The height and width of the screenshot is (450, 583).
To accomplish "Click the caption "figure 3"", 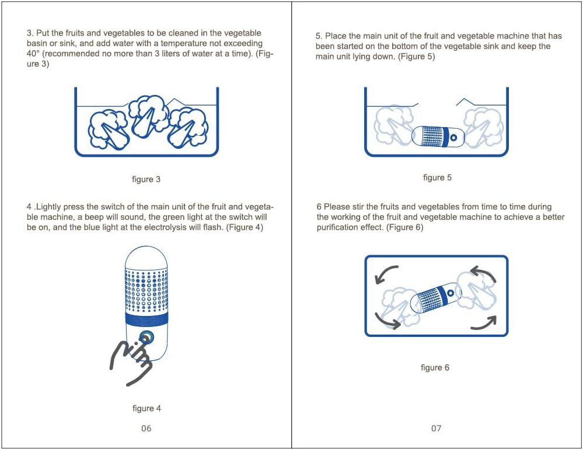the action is click(x=146, y=180).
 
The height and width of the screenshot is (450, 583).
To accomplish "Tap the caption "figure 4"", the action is click(x=147, y=409).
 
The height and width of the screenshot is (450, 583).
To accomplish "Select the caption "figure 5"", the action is click(x=437, y=177).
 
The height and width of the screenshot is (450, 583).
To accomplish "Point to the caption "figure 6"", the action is click(x=435, y=368).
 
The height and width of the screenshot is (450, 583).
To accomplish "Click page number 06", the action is click(x=146, y=428).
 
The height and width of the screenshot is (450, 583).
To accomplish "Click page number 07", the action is click(x=436, y=428).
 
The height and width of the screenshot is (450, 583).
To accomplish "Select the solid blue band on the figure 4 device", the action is click(x=146, y=319).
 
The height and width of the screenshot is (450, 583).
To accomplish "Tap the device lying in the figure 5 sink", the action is click(x=438, y=136).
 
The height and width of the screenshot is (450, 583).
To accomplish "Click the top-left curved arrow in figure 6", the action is click(x=383, y=272).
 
